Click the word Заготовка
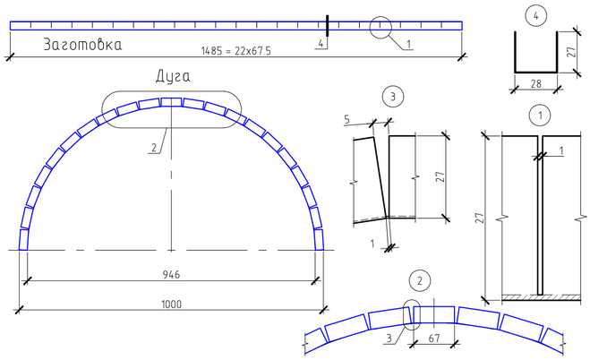[x=82, y=45]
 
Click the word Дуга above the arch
[x=173, y=77]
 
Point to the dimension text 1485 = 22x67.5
[x=236, y=51]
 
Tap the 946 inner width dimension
[x=171, y=274]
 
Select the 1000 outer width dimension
[x=171, y=304]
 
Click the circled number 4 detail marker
[x=535, y=16]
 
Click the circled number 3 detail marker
[x=393, y=97]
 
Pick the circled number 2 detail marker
[x=419, y=280]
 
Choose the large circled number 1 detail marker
[x=540, y=115]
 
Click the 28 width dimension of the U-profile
[x=535, y=83]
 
